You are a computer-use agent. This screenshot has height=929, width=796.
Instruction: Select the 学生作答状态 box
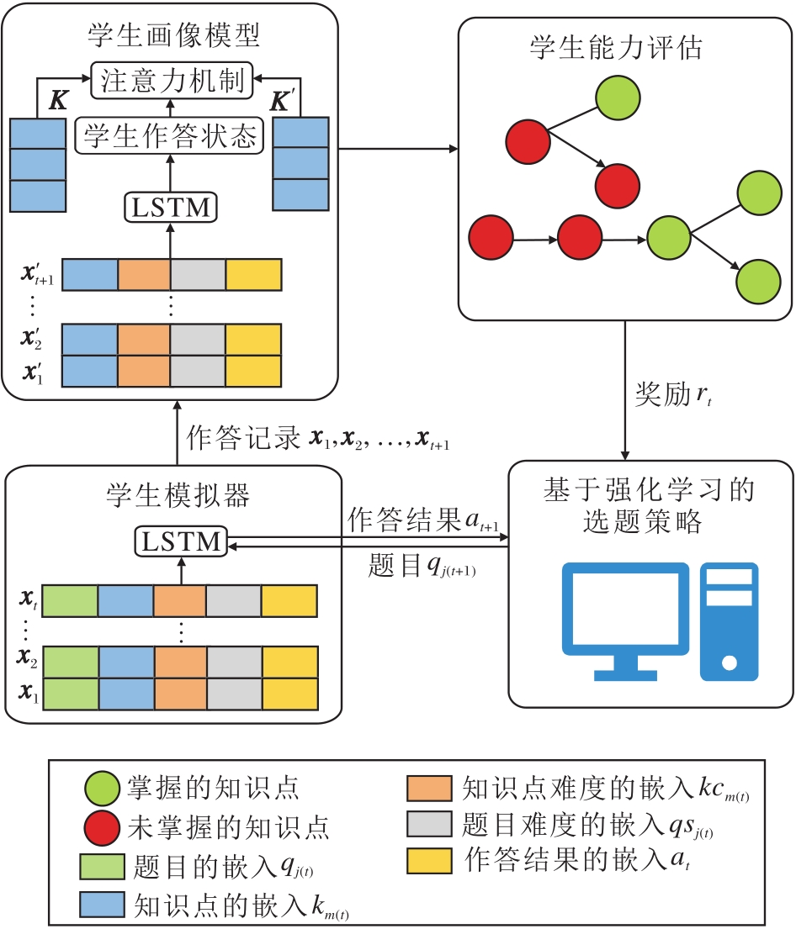coord(169,135)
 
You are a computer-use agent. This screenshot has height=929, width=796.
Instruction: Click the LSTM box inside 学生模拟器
coord(182,542)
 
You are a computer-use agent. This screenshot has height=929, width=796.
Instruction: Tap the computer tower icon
coord(728,620)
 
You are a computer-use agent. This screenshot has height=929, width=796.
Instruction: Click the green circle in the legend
coord(102,789)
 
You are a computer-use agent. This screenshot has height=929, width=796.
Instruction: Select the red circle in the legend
coord(102,827)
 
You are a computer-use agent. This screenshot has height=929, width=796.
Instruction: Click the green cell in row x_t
coord(70,600)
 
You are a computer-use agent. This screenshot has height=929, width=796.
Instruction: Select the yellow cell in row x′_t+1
coord(252,274)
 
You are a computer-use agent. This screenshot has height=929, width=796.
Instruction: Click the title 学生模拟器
coord(178,496)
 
